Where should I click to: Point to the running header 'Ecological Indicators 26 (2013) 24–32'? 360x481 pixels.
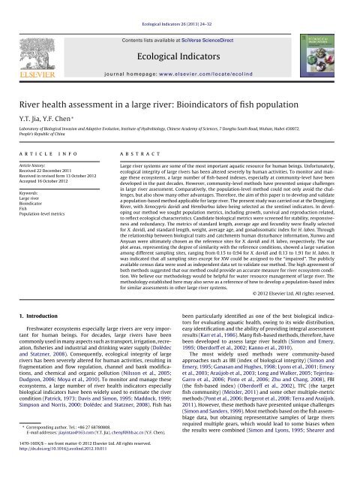point(179,6)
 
